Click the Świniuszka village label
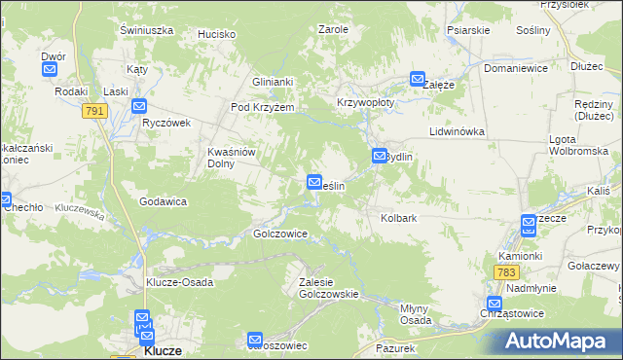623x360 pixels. pyautogui.click(x=146, y=30)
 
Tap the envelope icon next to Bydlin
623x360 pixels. pyautogui.click(x=380, y=156)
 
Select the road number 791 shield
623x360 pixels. pyautogui.click(x=94, y=112)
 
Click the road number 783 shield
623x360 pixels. pyautogui.click(x=505, y=273)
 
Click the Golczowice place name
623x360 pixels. pyautogui.click(x=280, y=234)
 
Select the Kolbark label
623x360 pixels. pyautogui.click(x=399, y=219)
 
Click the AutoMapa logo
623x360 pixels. pyautogui.click(x=554, y=342)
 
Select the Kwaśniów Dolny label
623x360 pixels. pyautogui.click(x=232, y=158)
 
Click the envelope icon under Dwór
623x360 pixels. pyautogui.click(x=51, y=70)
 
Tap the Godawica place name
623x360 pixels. pyautogui.click(x=163, y=201)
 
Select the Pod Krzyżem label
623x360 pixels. pyautogui.click(x=262, y=107)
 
